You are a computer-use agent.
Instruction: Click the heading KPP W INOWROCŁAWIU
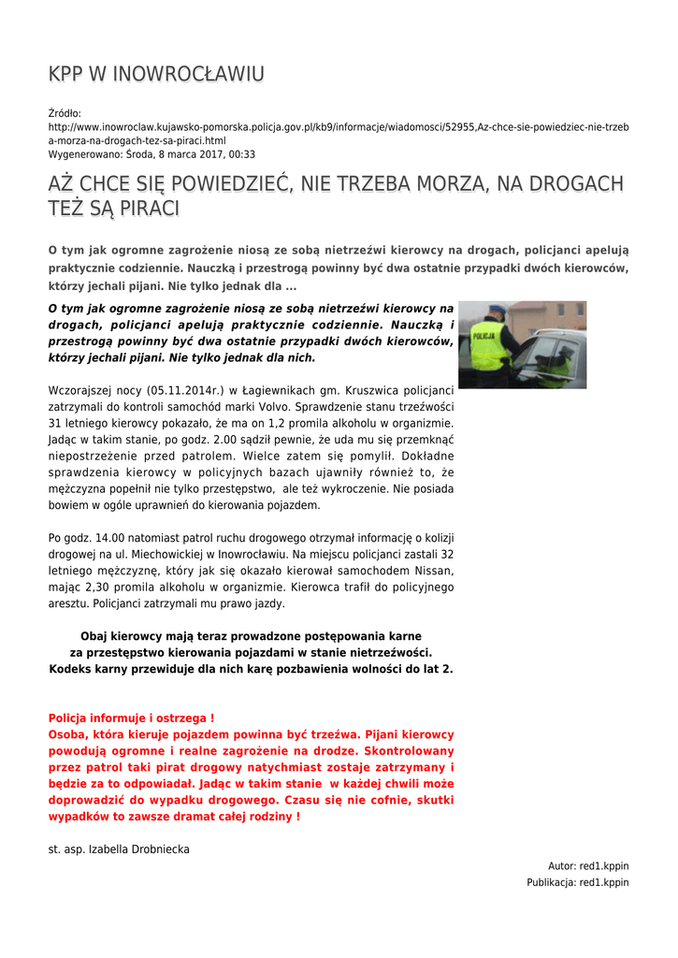pyautogui.click(x=156, y=74)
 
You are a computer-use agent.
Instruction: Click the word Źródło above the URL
pyautogui.click(x=65, y=113)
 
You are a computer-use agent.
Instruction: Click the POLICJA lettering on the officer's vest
pyautogui.click(x=483, y=335)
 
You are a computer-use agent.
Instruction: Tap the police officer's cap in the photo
pyautogui.click(x=497, y=311)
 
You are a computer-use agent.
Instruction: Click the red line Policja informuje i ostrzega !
pyautogui.click(x=131, y=718)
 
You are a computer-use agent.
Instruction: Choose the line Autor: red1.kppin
pyautogui.click(x=588, y=866)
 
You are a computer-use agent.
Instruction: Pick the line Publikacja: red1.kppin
pyautogui.click(x=577, y=882)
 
